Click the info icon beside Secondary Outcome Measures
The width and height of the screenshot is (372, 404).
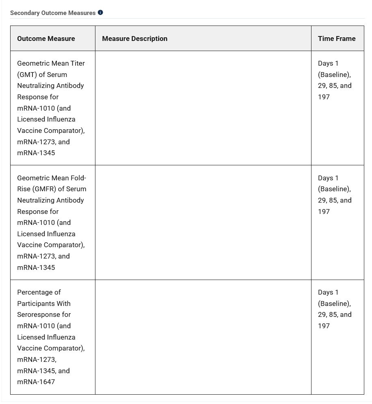100,13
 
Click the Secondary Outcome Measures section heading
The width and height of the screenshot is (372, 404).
53,13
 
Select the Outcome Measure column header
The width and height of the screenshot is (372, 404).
46,38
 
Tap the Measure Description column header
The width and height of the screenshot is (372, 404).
134,38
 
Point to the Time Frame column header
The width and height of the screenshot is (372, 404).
337,38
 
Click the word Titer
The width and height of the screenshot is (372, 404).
76,63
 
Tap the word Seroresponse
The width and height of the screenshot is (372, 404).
44,314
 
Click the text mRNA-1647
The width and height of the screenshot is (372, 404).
36,382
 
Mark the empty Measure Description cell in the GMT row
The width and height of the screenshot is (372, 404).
203,108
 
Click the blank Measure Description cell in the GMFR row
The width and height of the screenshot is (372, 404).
203,222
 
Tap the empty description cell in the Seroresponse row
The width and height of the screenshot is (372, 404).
203,337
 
